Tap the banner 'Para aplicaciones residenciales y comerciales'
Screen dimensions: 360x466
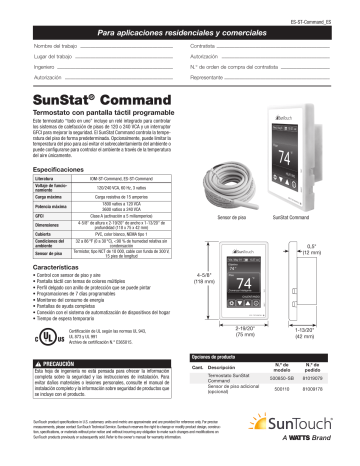180,34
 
